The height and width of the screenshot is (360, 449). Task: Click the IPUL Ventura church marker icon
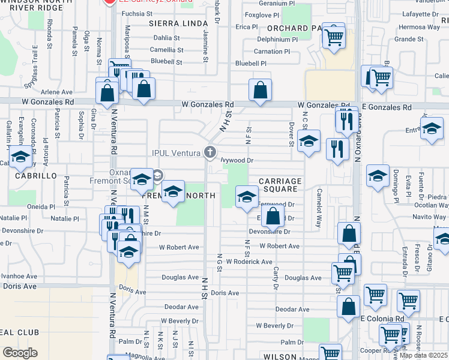tap(210, 152)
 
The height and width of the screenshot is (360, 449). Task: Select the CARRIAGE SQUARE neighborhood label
tap(280, 185)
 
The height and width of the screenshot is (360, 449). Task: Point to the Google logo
tap(20, 353)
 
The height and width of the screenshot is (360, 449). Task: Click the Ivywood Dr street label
tap(237, 161)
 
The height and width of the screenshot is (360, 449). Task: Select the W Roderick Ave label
tap(250, 262)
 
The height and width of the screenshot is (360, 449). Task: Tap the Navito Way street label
tap(429, 217)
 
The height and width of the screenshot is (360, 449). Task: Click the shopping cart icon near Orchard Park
tap(334, 35)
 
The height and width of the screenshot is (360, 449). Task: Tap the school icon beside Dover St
tap(309, 142)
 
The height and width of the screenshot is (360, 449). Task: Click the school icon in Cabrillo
tap(21, 158)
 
